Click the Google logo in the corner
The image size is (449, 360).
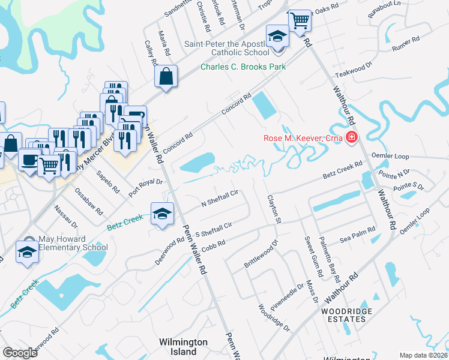(20, 353)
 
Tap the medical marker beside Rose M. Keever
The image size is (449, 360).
(351, 139)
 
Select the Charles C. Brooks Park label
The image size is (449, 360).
(243, 67)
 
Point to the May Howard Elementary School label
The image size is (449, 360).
(73, 243)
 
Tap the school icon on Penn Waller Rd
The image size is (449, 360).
(162, 215)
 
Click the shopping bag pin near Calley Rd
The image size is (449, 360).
(165, 76)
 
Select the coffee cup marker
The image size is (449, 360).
(29, 159)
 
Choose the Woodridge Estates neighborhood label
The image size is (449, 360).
(346, 315)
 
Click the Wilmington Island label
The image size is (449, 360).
(183, 346)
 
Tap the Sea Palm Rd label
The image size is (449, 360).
(358, 233)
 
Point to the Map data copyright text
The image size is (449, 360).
(423, 355)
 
